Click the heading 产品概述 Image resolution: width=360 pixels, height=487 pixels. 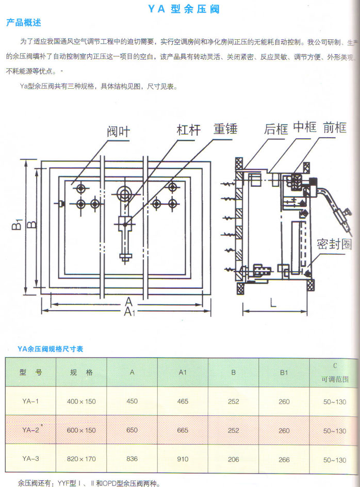[x=23, y=23]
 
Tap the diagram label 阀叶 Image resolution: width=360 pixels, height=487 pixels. [x=119, y=132]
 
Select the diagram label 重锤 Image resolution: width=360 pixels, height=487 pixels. [x=225, y=128]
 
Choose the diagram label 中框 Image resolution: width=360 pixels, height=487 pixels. [x=304, y=127]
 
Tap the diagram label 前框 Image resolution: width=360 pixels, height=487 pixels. [x=335, y=127]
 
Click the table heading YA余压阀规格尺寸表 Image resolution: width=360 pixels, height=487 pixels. [x=50, y=349]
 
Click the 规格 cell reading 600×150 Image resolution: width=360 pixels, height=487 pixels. [x=81, y=430]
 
